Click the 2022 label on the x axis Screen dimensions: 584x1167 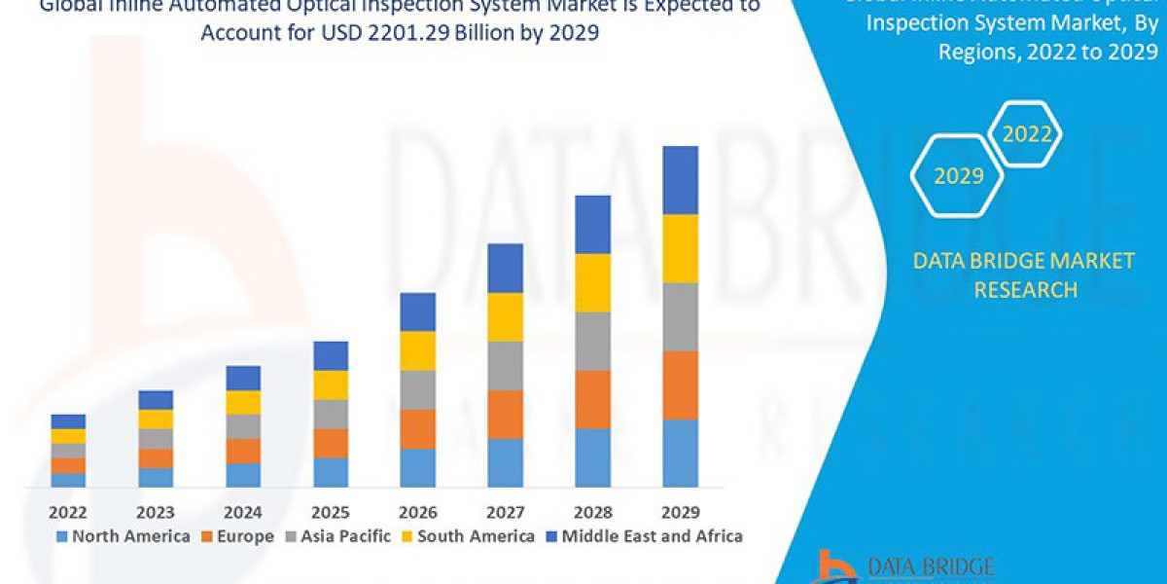(68, 512)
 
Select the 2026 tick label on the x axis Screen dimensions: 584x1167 (417, 512)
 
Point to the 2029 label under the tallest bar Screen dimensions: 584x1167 (680, 512)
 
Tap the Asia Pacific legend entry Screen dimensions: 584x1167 (337, 536)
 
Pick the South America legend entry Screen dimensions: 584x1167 (467, 536)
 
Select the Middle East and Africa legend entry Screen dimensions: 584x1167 (643, 536)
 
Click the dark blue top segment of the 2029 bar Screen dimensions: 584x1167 (680, 180)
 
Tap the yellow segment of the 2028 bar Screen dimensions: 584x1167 (592, 282)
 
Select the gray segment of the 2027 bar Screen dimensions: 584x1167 (505, 365)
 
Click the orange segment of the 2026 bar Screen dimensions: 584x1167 (417, 428)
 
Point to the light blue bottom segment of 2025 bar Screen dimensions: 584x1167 (330, 472)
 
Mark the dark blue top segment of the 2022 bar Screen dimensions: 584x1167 (68, 421)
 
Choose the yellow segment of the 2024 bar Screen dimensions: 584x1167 (242, 402)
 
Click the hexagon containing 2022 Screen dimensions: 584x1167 (1026, 134)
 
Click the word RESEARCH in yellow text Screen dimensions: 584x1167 (1025, 289)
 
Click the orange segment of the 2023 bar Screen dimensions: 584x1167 (156, 457)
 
